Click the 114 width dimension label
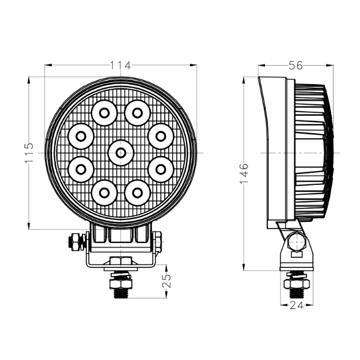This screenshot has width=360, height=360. pyautogui.click(x=120, y=65)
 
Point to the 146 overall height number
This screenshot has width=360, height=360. pyautogui.click(x=244, y=173)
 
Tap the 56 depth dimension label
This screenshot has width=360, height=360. pyautogui.click(x=295, y=66)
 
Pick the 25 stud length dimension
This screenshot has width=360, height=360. pyautogui.click(x=168, y=281)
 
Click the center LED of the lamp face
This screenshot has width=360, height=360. pyautogui.click(x=120, y=153)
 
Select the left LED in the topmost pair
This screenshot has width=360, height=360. pyautogui.click(x=104, y=112)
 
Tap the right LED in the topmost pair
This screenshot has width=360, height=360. pyautogui.click(x=137, y=112)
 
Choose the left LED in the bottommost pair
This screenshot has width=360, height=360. pyautogui.click(x=104, y=192)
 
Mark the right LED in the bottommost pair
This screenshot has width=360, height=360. pyautogui.click(x=137, y=192)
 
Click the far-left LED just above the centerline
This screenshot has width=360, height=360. pyautogui.click(x=81, y=137)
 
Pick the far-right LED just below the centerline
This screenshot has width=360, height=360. pyautogui.click(x=161, y=169)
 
